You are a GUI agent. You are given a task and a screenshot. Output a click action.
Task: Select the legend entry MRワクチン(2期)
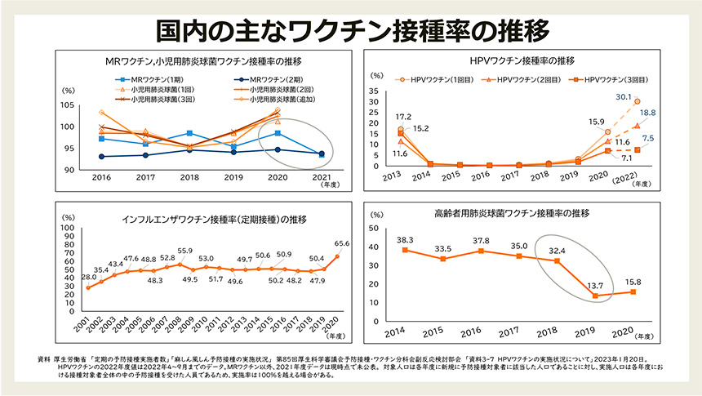point(269,79)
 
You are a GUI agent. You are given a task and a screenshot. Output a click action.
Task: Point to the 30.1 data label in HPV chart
point(625,96)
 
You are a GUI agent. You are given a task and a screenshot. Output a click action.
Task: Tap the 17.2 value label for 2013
point(402,117)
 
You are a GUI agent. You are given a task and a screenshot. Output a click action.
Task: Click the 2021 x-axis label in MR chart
point(321,176)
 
